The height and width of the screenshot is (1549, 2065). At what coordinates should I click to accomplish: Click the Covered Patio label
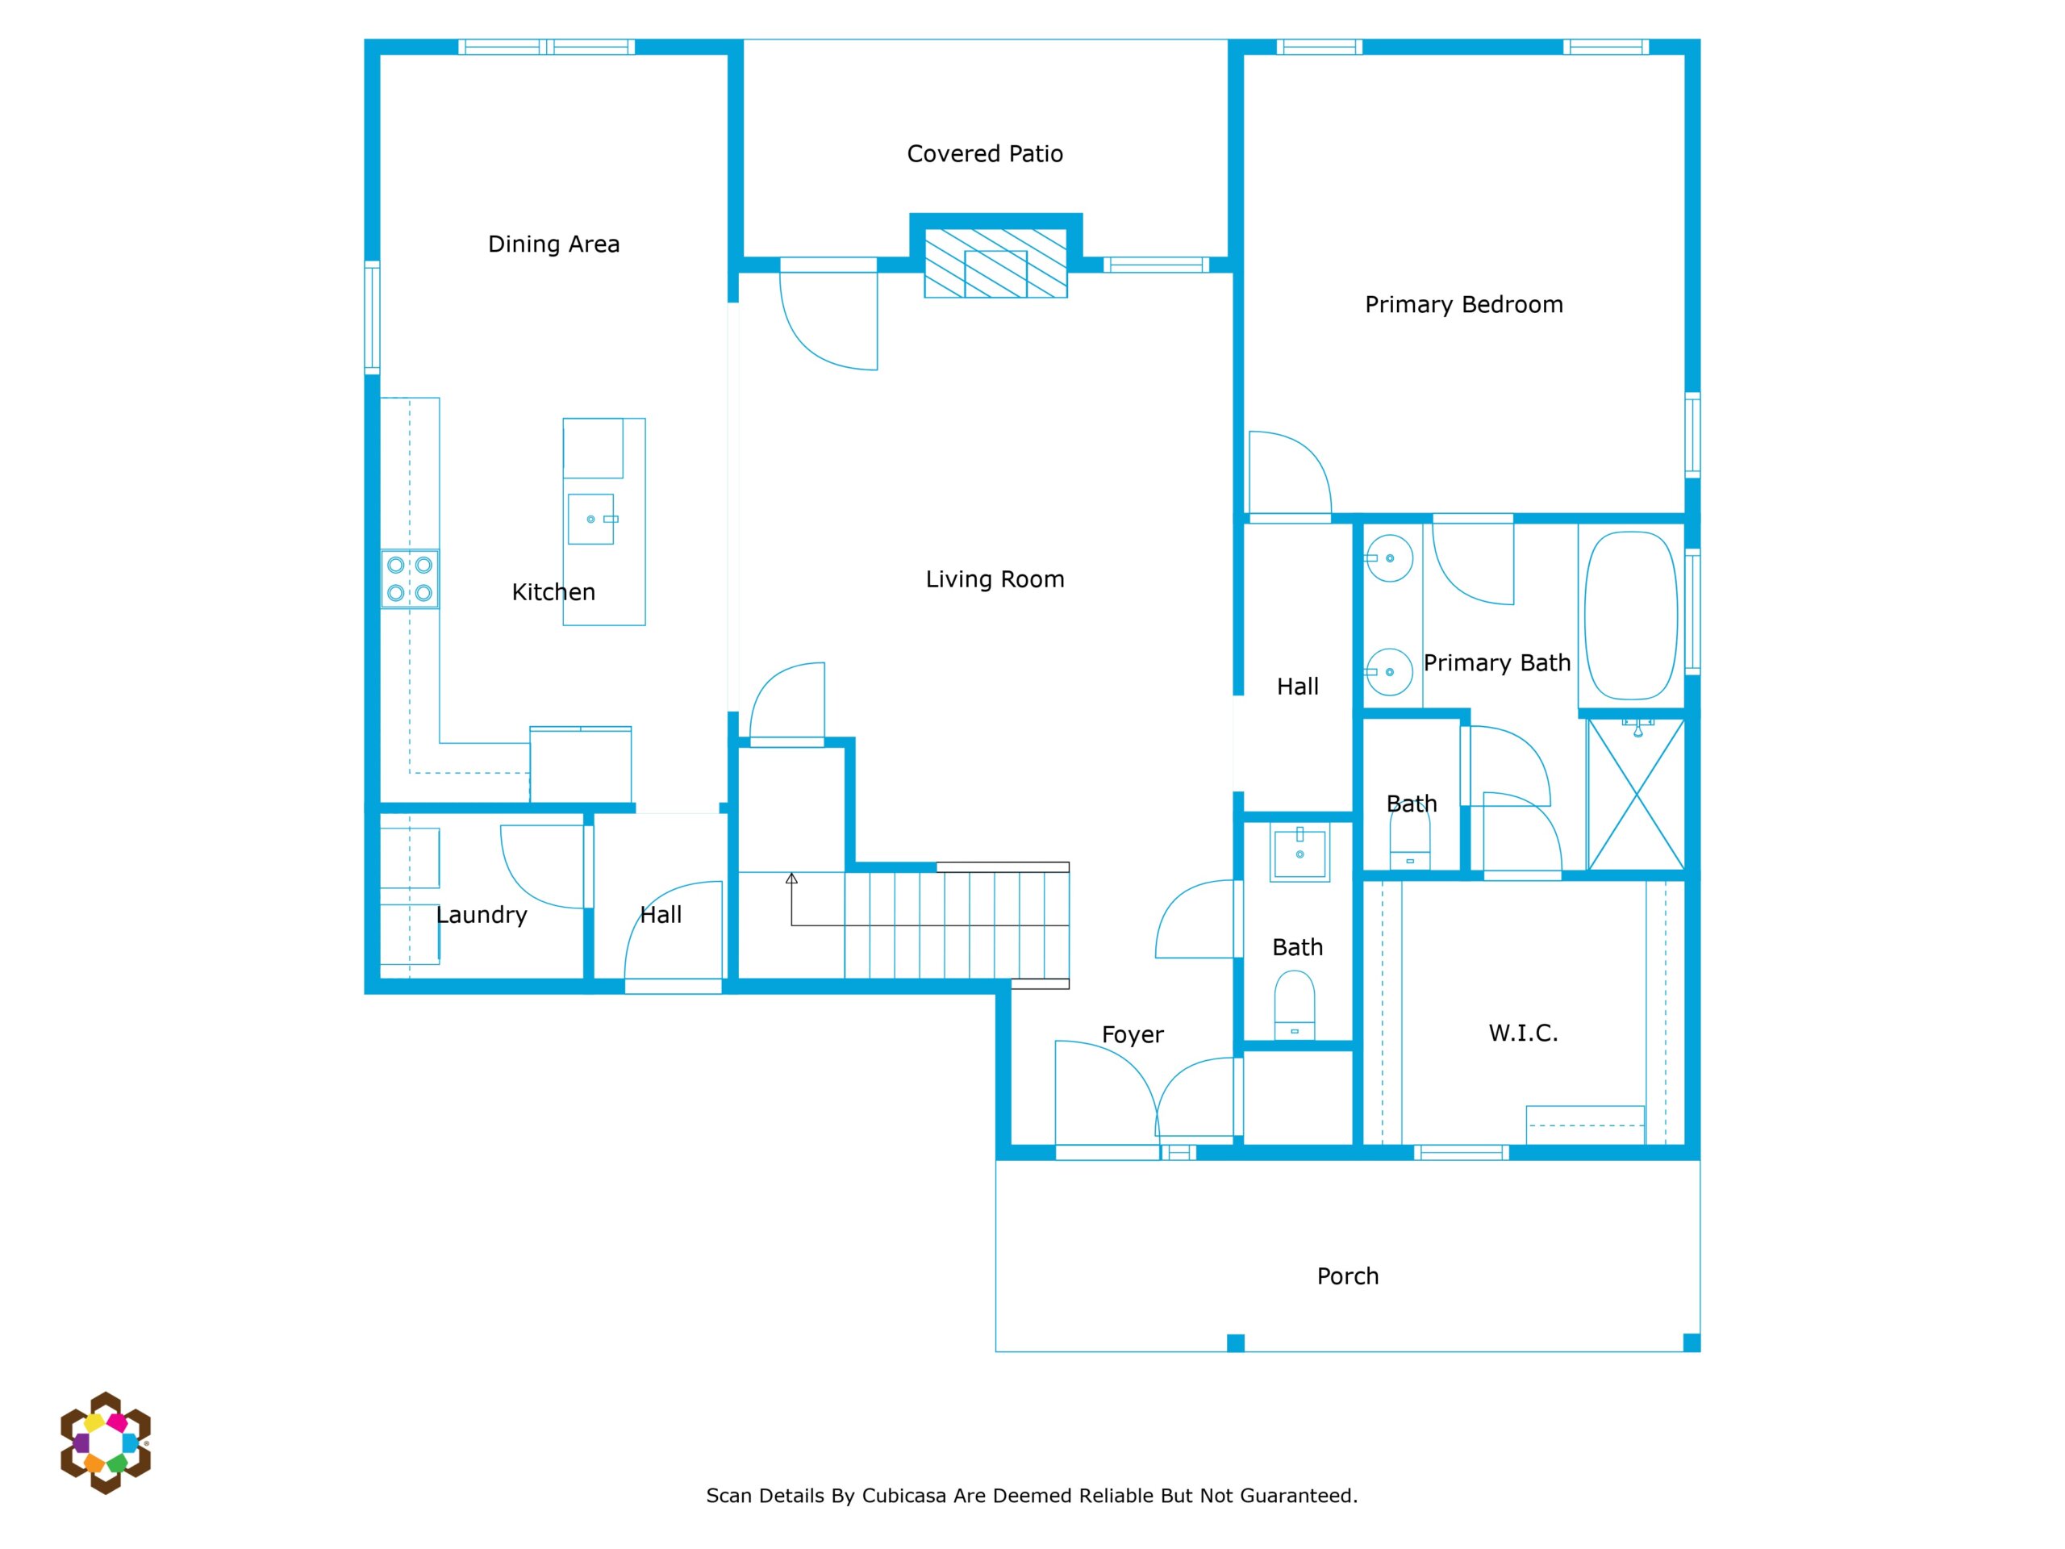tap(985, 153)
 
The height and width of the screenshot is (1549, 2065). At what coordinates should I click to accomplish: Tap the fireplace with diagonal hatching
tap(995, 262)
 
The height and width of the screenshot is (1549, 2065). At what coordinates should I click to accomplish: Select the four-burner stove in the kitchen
tap(410, 579)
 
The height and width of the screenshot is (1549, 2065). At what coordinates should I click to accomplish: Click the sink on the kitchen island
tap(591, 519)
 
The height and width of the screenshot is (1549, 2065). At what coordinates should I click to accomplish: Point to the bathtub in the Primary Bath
tap(1631, 616)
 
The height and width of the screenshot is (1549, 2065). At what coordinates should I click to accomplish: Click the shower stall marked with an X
tap(1637, 794)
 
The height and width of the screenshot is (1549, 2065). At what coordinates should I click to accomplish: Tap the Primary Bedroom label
tap(1464, 304)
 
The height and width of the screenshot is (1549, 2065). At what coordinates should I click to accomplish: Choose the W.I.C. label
tap(1523, 1033)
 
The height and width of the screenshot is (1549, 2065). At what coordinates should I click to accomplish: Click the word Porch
tap(1347, 1276)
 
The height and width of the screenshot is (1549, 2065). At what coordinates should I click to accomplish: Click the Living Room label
tap(995, 579)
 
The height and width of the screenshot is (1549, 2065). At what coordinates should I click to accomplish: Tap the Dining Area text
tap(553, 244)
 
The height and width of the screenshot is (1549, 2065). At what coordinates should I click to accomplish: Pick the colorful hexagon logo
tap(106, 1443)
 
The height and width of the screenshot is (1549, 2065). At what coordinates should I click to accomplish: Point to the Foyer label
tap(1133, 1034)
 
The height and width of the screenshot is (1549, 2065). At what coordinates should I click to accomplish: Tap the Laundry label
tap(482, 915)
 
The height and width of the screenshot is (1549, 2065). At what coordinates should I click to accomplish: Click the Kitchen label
tap(553, 592)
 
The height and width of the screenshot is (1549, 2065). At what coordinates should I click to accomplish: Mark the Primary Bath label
tap(1496, 663)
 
